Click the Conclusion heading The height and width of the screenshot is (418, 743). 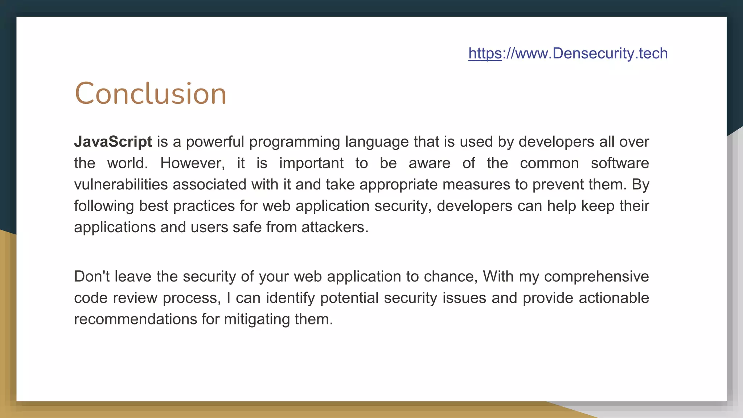(x=151, y=94)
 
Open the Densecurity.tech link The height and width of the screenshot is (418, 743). (x=568, y=53)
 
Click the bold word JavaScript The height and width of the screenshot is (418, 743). (x=113, y=142)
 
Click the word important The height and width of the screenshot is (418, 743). (x=311, y=163)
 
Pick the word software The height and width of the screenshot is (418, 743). (x=620, y=163)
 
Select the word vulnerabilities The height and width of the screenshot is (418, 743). (x=121, y=184)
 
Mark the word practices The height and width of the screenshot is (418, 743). (x=204, y=206)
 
